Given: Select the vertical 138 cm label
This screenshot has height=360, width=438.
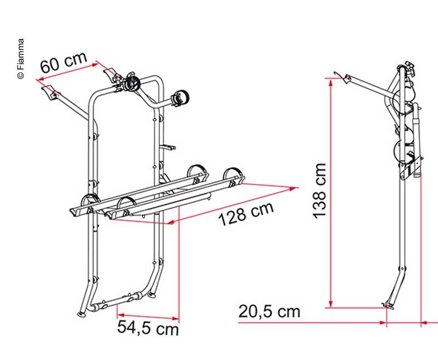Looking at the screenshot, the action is point(319,191).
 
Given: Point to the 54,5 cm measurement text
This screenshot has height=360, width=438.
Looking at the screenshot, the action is point(148,327).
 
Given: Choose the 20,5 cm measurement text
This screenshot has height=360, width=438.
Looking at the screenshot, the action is point(269,311).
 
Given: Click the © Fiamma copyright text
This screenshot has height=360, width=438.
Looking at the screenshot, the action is point(21,59).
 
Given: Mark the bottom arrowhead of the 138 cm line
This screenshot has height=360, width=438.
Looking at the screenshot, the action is point(331,304).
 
